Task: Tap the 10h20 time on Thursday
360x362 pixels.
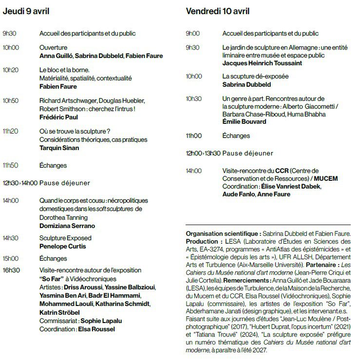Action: (x=11, y=70)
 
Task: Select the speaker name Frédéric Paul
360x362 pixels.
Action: (x=58, y=117)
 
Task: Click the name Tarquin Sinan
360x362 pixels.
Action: (x=59, y=148)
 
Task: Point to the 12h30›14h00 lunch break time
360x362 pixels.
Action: (x=20, y=183)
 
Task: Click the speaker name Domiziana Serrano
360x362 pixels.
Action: (x=67, y=226)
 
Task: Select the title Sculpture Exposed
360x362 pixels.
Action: (x=65, y=238)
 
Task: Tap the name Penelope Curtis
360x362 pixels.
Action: (x=62, y=247)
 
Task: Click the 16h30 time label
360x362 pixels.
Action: (x=11, y=270)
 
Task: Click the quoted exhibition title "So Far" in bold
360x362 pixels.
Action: (x=50, y=279)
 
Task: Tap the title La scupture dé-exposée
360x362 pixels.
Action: (x=255, y=76)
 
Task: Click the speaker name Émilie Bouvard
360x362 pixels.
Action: (x=245, y=122)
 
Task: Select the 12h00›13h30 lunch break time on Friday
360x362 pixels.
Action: (x=203, y=153)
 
